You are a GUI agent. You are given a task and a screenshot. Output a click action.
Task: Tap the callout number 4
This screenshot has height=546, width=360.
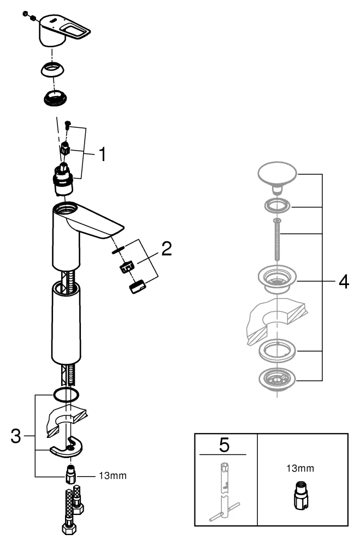point(343,281)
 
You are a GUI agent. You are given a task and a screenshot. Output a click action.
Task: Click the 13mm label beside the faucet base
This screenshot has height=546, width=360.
point(113,476)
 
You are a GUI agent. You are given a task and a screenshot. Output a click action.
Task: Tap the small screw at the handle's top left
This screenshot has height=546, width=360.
point(25,15)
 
